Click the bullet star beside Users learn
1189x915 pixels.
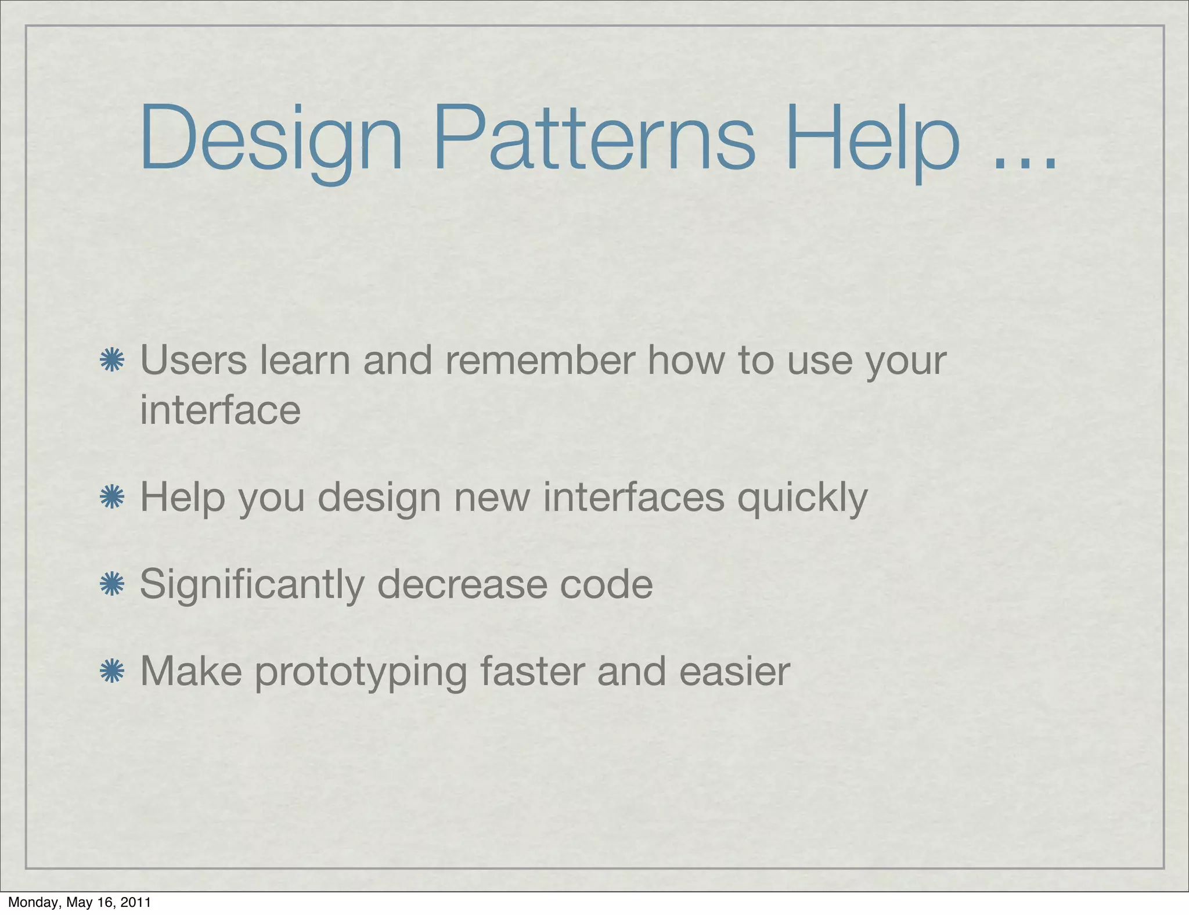click(111, 361)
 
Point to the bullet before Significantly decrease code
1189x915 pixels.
click(111, 584)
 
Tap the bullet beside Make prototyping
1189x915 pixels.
click(111, 672)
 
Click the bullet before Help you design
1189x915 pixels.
click(111, 498)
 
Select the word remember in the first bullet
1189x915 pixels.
click(540, 361)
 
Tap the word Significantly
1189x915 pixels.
click(252, 584)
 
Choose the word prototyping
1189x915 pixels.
click(361, 672)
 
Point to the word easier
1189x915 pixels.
click(734, 672)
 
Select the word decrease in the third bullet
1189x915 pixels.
click(462, 584)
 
